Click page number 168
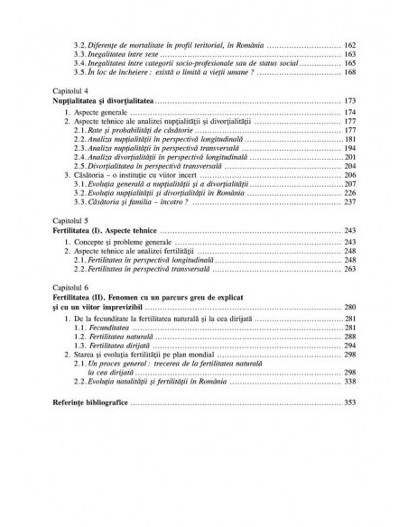click(349, 73)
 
